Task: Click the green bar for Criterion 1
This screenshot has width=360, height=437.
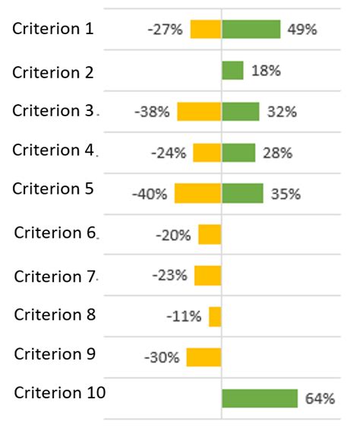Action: coord(251,30)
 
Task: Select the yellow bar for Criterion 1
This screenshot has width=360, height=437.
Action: coord(205,30)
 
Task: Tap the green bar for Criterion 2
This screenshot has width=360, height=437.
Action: coord(232,71)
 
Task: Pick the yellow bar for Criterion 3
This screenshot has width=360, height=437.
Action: coord(199,112)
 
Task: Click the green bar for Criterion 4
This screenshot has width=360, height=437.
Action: coord(238,153)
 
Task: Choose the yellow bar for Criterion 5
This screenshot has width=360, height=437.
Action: coord(197,193)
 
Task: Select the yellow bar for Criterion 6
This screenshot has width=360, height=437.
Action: coord(210,235)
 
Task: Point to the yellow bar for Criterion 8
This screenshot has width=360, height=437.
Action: coord(215,316)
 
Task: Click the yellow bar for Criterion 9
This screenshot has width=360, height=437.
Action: coord(204,357)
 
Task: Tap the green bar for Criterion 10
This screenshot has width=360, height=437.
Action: coord(259,398)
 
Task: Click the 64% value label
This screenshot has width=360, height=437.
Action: coord(320,398)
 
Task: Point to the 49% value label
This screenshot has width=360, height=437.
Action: coord(302,30)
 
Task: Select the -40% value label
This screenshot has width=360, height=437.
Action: coord(149,194)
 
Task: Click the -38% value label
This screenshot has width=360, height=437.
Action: coord(152,112)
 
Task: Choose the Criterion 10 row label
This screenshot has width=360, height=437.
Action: coord(59,392)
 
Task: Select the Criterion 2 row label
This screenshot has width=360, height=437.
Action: coord(53,72)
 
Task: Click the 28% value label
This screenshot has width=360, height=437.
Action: coord(277,153)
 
